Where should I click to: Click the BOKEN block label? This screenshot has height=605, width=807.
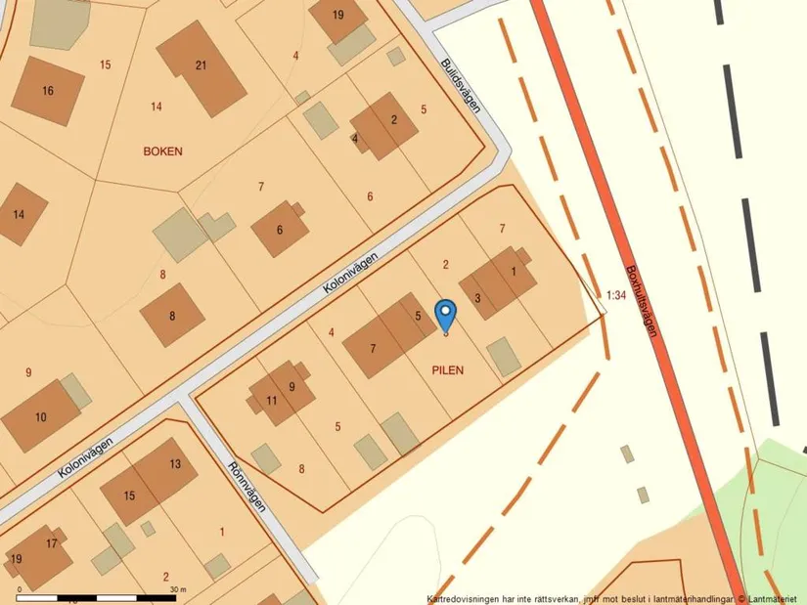(163, 151)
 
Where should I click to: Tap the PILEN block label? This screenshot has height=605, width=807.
(446, 369)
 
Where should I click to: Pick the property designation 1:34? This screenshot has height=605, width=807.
(615, 293)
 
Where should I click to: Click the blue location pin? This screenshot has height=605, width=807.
(445, 316)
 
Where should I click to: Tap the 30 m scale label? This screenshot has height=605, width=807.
(176, 589)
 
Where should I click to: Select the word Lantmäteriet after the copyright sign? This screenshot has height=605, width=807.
(775, 598)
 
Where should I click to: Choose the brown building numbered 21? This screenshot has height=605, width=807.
(202, 66)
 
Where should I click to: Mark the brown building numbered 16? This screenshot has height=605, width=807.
(47, 91)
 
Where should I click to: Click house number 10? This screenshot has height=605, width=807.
(40, 417)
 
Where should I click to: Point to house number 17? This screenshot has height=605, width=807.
(52, 543)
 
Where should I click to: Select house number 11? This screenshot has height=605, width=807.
(272, 401)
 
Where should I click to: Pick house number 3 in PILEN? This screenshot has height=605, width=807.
(477, 298)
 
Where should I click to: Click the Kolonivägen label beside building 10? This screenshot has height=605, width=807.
(84, 456)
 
